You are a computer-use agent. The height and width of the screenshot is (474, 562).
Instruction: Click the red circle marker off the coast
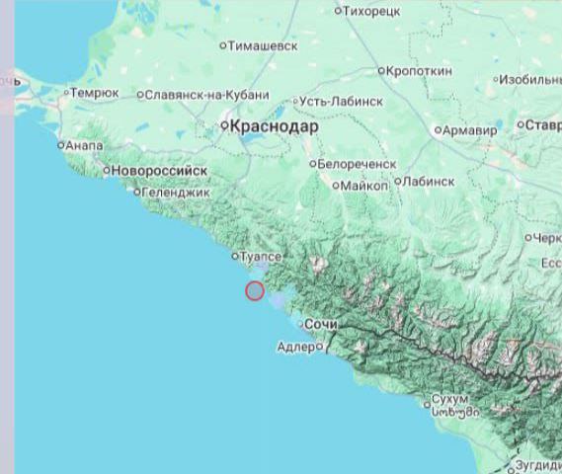(x=254, y=290)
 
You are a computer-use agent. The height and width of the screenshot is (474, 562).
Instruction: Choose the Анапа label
(x=83, y=145)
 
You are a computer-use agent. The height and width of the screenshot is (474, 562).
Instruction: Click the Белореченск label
(x=357, y=164)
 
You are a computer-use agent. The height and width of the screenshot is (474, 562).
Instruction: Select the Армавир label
(x=470, y=130)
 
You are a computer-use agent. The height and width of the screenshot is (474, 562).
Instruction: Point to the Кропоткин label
(x=419, y=71)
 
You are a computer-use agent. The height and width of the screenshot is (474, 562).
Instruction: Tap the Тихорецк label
(x=371, y=11)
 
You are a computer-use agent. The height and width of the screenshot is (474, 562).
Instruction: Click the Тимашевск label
(x=262, y=45)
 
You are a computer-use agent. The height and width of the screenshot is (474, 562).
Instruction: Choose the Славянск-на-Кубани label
(x=205, y=95)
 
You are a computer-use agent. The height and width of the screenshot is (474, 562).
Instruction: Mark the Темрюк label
(x=97, y=93)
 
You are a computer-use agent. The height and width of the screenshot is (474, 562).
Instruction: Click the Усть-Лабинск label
(x=343, y=101)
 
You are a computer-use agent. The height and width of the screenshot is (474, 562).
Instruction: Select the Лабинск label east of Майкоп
(x=429, y=182)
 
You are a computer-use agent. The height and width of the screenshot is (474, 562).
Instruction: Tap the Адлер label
(x=295, y=347)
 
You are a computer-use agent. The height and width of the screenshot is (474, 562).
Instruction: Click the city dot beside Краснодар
(x=225, y=126)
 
